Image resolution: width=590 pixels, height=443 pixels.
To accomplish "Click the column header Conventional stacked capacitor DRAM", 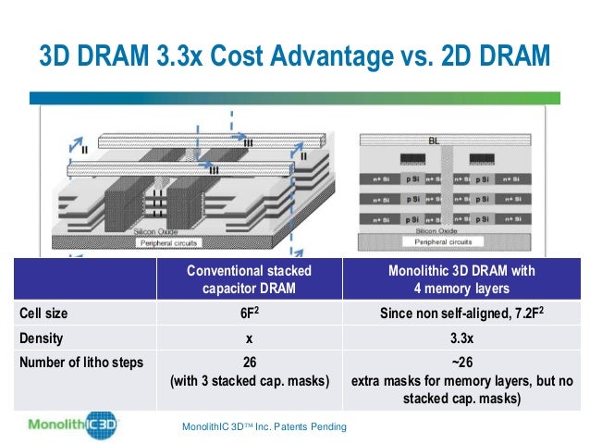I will pyautogui.click(x=249, y=278).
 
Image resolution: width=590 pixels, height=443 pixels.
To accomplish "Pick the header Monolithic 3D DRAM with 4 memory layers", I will pyautogui.click(x=459, y=278).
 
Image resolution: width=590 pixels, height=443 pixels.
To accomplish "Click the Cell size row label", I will pyautogui.click(x=43, y=314).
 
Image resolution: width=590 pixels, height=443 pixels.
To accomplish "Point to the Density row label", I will pyautogui.click(x=41, y=338).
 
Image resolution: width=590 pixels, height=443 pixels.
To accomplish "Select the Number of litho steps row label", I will pyautogui.click(x=81, y=362).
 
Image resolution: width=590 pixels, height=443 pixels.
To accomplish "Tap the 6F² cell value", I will pyautogui.click(x=249, y=314).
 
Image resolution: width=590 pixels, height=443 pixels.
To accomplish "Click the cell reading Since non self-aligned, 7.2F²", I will pyautogui.click(x=459, y=314).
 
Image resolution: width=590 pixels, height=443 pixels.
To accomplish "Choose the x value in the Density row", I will pyautogui.click(x=249, y=338).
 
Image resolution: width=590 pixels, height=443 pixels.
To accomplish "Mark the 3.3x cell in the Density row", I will pyautogui.click(x=459, y=338).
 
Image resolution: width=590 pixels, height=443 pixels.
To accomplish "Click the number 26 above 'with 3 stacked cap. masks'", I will pyautogui.click(x=249, y=362).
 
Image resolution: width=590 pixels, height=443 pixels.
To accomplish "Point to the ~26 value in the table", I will pyautogui.click(x=459, y=362).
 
